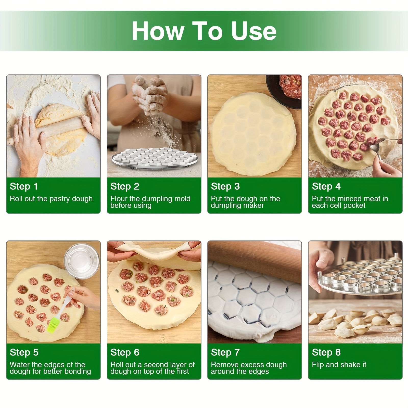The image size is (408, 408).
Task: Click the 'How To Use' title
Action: [204, 31]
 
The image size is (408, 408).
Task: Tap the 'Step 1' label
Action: [24, 186]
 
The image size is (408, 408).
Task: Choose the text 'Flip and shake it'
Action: [339, 365]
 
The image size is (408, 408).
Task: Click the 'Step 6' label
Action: [125, 352]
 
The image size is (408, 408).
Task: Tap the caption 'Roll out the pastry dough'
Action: [51, 199]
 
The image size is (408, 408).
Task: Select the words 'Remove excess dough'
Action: [249, 365]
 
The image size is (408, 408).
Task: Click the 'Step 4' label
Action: [326, 186]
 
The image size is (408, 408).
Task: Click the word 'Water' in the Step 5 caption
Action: [19, 365]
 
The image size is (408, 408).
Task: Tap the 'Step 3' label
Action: [225, 186]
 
